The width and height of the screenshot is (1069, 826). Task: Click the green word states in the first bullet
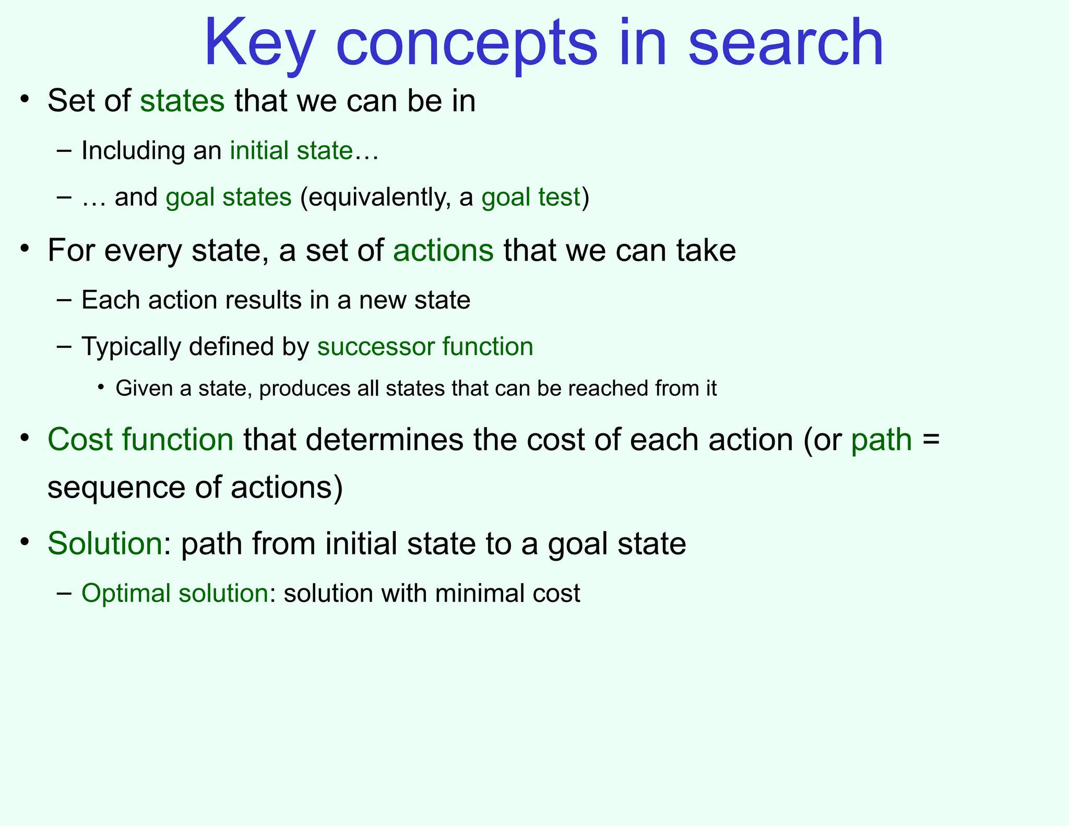coord(182,101)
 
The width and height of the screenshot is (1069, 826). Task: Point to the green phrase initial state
coord(291,151)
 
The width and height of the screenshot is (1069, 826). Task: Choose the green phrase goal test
coord(530,197)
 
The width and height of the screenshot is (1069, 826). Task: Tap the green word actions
coord(443,251)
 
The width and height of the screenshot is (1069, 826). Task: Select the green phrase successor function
coord(425,347)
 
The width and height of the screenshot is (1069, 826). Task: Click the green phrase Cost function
coord(140,440)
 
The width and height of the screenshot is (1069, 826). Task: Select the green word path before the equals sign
coord(881,440)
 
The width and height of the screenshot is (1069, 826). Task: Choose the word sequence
coord(116,488)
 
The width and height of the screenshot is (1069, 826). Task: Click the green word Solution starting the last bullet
coord(104,544)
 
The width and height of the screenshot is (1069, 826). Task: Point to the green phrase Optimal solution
coord(175,594)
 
